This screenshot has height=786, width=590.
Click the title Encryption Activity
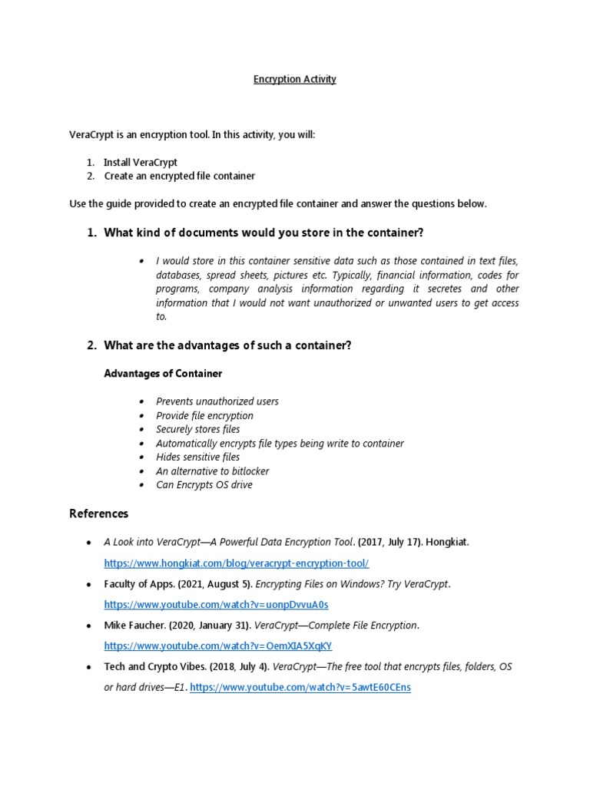pos(295,79)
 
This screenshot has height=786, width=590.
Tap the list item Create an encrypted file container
pos(179,176)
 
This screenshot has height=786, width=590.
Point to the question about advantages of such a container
pos(227,345)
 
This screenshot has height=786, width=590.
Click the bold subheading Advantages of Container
pos(163,374)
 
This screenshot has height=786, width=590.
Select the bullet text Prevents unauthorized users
pos(217,401)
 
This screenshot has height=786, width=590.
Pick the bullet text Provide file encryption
pos(204,415)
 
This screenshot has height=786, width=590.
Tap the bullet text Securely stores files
pos(197,429)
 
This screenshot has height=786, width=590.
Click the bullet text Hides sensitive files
pos(197,457)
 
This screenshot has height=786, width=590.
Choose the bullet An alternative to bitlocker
pos(212,471)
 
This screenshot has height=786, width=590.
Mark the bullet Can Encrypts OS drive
pos(204,484)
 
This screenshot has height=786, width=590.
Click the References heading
pos(99,514)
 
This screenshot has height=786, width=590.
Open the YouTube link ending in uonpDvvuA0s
pos(216,605)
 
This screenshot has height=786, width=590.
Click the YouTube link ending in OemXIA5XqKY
pos(218,646)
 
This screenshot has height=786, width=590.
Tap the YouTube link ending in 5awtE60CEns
pos(300,688)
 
